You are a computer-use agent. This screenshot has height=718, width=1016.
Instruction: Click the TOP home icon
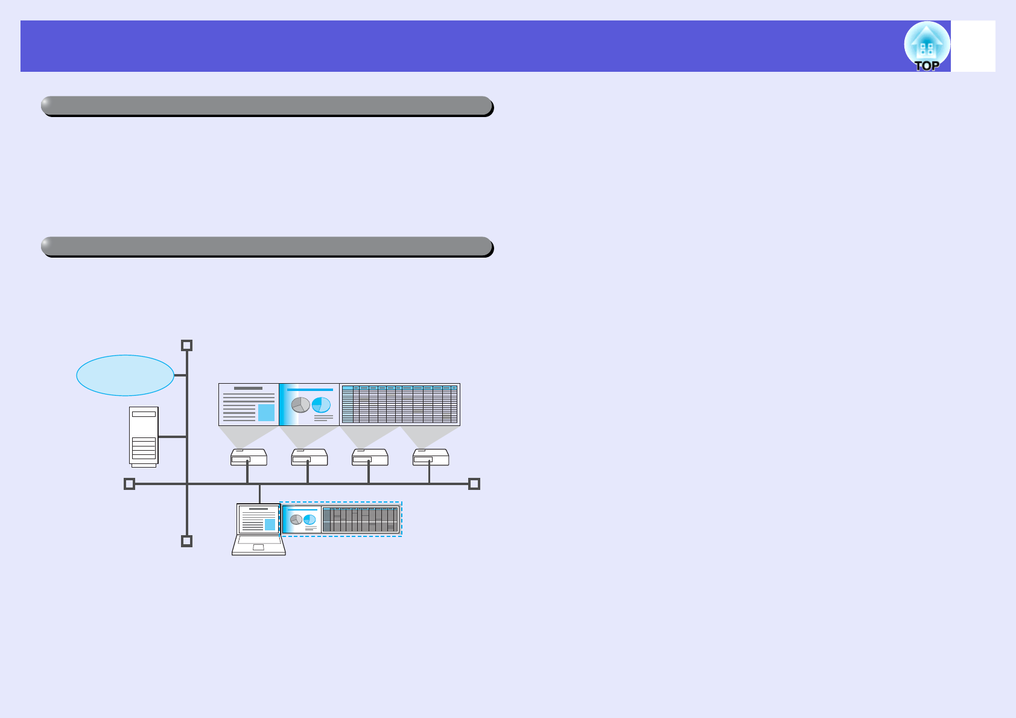(927, 46)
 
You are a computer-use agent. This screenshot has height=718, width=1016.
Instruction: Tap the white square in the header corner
(973, 46)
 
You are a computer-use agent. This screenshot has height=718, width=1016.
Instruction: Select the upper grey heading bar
(267, 106)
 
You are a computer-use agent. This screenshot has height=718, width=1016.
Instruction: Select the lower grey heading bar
(267, 246)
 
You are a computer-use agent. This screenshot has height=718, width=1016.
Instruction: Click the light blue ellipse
(125, 375)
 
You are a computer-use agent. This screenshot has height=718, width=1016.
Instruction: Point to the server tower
(144, 436)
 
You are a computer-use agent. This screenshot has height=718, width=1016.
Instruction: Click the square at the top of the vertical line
(187, 345)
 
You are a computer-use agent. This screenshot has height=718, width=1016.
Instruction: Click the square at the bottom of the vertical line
(187, 541)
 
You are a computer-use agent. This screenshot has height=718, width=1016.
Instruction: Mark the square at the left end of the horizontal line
(129, 484)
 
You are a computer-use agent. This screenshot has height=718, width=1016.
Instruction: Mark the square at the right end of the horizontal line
(474, 484)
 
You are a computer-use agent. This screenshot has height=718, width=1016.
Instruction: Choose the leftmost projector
(249, 457)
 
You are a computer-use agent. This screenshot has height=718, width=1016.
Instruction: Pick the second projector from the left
(310, 457)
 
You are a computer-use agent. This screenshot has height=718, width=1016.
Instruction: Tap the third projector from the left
(370, 457)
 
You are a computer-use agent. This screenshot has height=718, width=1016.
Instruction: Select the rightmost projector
(431, 457)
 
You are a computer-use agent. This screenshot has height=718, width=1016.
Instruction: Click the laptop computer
(259, 529)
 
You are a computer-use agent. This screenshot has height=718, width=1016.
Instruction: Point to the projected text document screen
(249, 404)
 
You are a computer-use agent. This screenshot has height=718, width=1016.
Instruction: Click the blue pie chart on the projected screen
(322, 404)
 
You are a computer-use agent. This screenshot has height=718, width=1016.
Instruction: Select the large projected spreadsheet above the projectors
(399, 404)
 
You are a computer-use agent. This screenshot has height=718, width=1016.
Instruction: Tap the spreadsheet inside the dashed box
(360, 519)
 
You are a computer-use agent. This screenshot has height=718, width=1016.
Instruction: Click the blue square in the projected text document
(266, 413)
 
